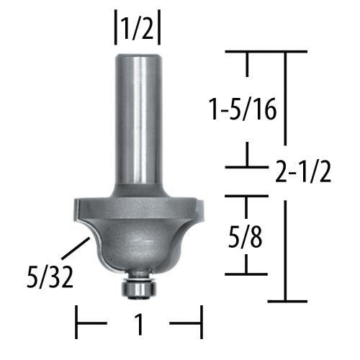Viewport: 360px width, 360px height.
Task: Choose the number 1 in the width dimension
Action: (x=139, y=325)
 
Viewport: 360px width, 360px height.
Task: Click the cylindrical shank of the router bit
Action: (x=138, y=115)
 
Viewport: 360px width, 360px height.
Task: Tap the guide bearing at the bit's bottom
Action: (x=139, y=286)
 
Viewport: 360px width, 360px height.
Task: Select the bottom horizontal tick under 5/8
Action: (x=248, y=274)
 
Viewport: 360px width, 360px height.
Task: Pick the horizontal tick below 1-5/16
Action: (x=248, y=167)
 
